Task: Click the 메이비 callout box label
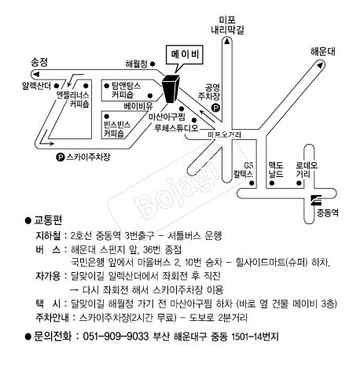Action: tap(185, 54)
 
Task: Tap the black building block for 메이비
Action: tap(171, 89)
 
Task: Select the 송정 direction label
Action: tap(39, 62)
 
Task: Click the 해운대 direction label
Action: tap(323, 51)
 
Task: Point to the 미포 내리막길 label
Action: tap(227, 25)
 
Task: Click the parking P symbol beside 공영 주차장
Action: tap(215, 108)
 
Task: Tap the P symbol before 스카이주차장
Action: tap(61, 157)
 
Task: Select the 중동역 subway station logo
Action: tap(316, 200)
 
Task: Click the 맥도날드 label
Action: tap(276, 170)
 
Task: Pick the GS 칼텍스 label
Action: tap(244, 170)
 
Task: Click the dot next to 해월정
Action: tap(152, 64)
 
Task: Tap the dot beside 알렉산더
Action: tap(56, 86)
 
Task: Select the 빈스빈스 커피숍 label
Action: tap(117, 129)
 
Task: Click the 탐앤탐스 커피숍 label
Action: tap(126, 90)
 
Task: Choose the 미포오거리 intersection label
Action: tap(224, 135)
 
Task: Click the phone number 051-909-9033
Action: tap(116, 336)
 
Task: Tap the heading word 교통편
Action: tap(48, 220)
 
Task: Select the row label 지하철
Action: tap(49, 235)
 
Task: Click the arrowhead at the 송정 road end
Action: tap(35, 74)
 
